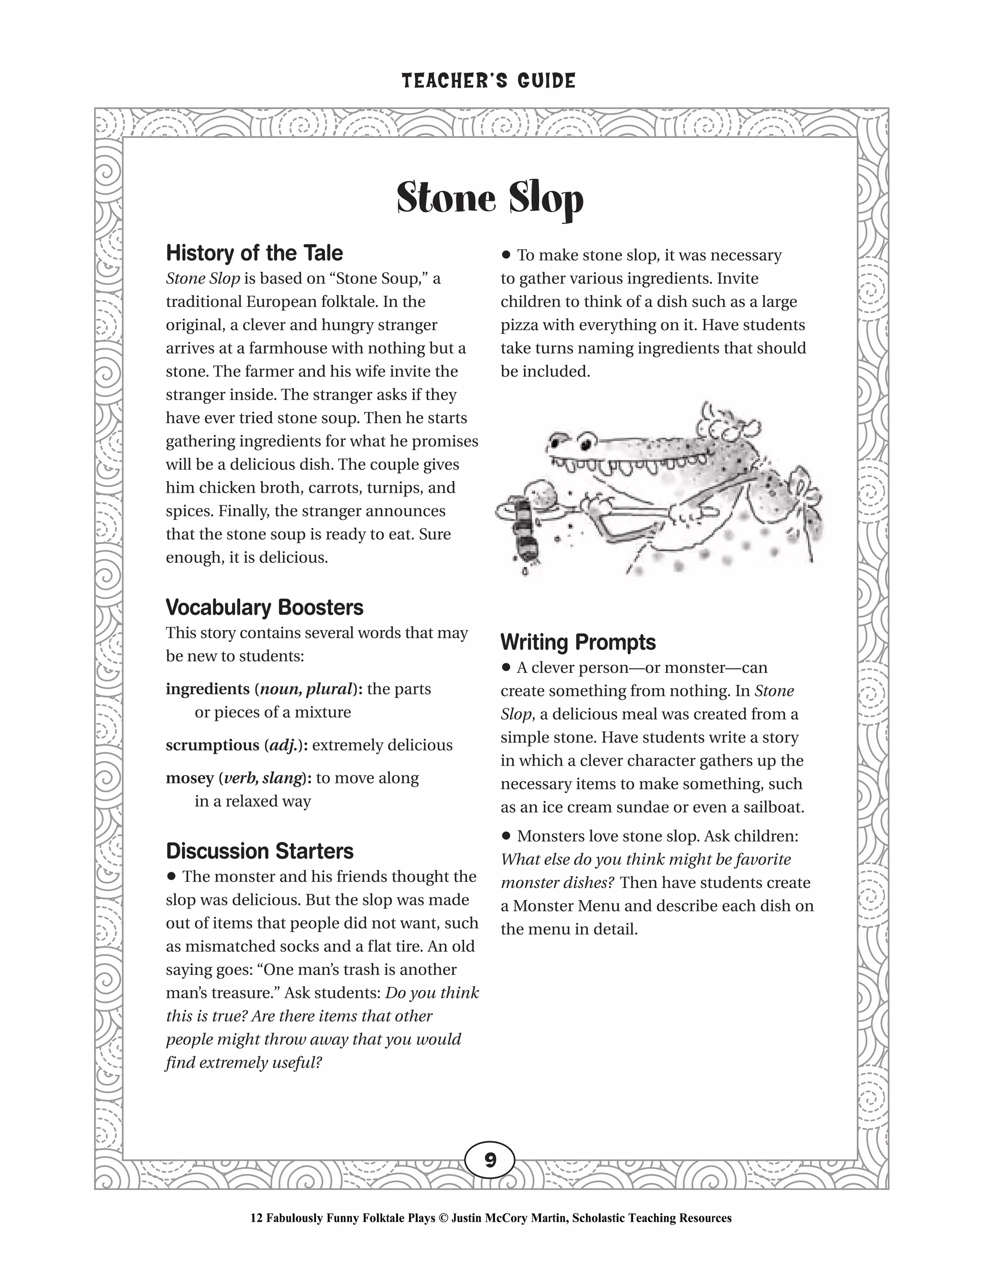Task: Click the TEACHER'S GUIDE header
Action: tap(489, 81)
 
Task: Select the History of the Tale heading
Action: tap(254, 254)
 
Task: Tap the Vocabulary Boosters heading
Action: tap(264, 608)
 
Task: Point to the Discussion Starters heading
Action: tap(259, 851)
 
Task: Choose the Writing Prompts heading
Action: tap(578, 643)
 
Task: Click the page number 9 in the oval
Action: tap(490, 1160)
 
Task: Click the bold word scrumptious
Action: tap(212, 746)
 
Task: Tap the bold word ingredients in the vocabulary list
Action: tap(207, 689)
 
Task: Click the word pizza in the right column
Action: tap(522, 325)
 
